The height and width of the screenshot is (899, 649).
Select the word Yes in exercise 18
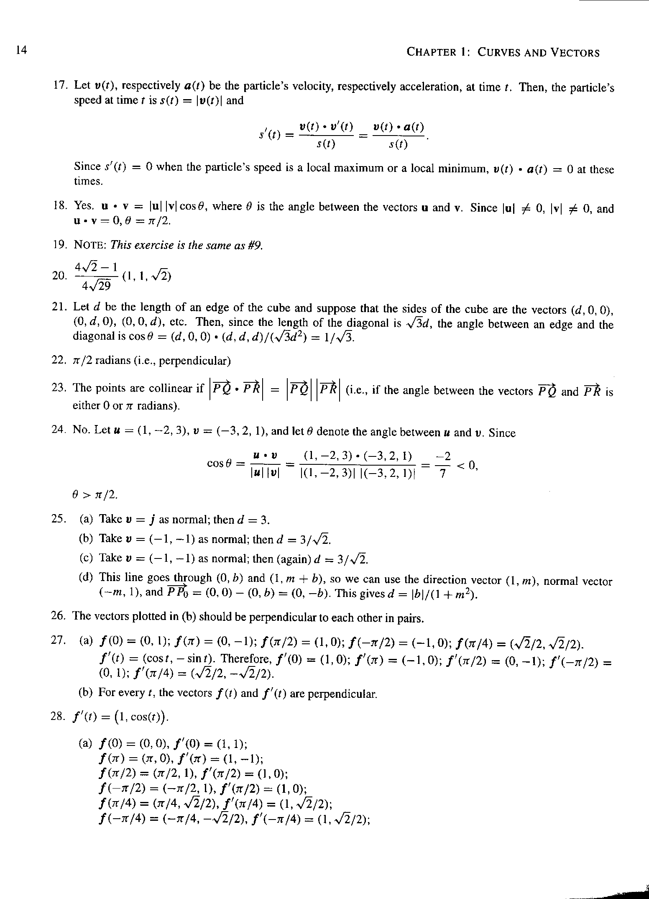pyautogui.click(x=84, y=206)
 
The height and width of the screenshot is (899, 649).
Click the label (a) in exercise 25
pyautogui.click(x=86, y=519)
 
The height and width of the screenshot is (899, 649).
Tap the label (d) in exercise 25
pyautogui.click(x=86, y=578)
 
